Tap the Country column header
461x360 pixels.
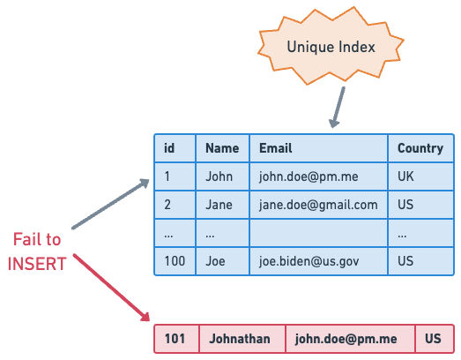(420, 148)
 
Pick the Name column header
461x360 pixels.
(222, 148)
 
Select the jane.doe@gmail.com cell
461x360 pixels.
(317, 205)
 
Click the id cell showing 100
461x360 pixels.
(175, 261)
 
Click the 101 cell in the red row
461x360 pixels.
(176, 339)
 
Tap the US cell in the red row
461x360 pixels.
(433, 339)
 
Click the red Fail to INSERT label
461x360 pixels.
(37, 251)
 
